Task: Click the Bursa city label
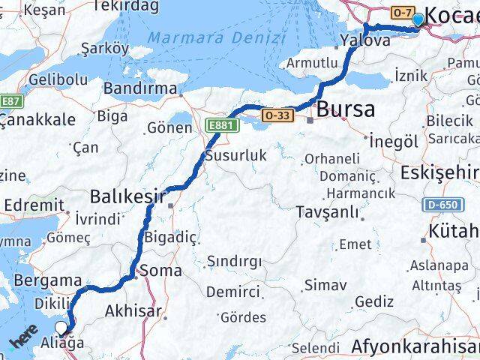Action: click(x=345, y=109)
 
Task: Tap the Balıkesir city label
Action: click(x=127, y=196)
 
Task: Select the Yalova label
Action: click(x=365, y=40)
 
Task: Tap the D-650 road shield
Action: click(x=439, y=203)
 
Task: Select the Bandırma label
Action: click(x=141, y=88)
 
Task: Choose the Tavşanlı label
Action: click(x=328, y=211)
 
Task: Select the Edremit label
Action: click(x=33, y=204)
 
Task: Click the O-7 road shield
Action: click(x=402, y=12)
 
